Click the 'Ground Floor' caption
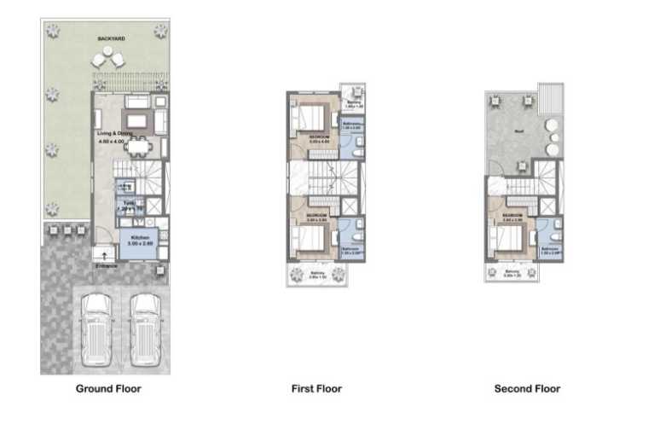click(107, 388)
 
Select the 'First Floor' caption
click(316, 388)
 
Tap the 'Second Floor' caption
click(527, 388)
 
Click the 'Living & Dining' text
click(113, 134)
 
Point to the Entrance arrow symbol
click(105, 253)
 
